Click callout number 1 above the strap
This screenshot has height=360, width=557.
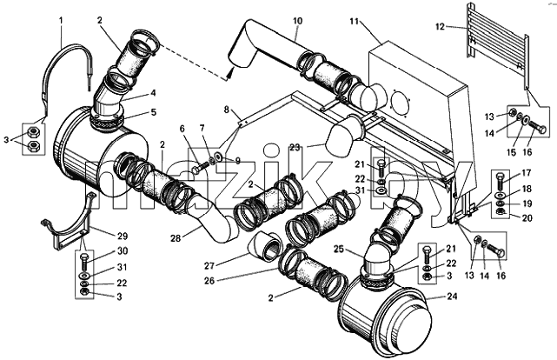[x=61, y=20]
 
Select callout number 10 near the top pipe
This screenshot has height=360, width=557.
[x=298, y=21]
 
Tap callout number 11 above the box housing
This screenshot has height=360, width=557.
[x=354, y=22]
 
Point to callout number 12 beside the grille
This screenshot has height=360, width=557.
[x=440, y=27]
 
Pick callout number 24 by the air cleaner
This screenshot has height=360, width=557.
[x=452, y=296]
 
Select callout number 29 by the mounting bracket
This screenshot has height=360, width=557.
[x=122, y=236]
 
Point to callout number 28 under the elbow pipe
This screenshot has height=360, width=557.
[x=176, y=238]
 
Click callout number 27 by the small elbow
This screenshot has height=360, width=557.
[x=209, y=265]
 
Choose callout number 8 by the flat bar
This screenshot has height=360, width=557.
[x=227, y=109]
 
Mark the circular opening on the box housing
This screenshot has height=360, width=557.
[x=400, y=103]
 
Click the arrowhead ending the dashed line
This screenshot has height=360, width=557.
[x=229, y=74]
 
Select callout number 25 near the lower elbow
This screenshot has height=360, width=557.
[x=339, y=249]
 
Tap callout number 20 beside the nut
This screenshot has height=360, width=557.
[x=527, y=217]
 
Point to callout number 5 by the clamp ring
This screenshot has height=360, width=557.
[x=153, y=112]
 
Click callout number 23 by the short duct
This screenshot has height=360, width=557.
[x=295, y=148]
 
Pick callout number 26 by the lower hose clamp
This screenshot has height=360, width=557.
[x=209, y=281]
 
